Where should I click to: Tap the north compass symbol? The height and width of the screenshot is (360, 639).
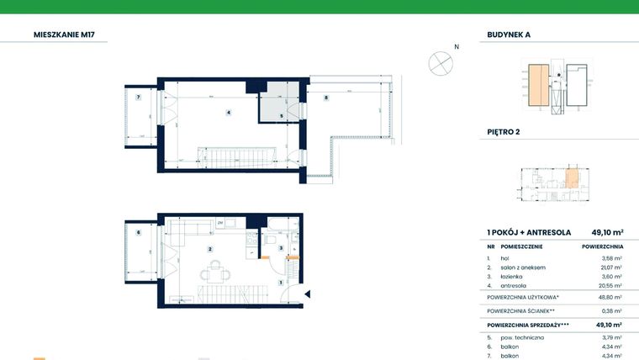pos(441,61)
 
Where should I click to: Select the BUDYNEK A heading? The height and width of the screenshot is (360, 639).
pos(514,35)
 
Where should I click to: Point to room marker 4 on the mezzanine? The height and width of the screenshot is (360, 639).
pos(228,112)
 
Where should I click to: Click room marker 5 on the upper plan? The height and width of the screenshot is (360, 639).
pos(282,116)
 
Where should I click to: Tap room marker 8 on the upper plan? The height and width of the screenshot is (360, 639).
pos(326,98)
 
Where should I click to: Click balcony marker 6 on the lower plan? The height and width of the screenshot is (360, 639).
pos(137,233)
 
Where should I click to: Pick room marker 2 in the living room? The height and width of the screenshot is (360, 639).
pos(210,249)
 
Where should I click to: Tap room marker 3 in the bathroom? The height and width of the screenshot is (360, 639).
pos(281,248)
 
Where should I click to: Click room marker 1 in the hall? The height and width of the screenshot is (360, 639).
pos(280,283)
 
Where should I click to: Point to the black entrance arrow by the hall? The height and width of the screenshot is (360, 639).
pos(309,294)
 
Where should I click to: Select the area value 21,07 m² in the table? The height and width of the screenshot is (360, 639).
pos(611,267)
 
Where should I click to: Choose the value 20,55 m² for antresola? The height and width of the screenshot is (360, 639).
pos(610,285)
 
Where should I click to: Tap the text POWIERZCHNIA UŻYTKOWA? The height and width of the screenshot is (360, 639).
pos(522,297)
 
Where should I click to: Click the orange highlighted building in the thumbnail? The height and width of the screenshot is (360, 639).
pos(535,86)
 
